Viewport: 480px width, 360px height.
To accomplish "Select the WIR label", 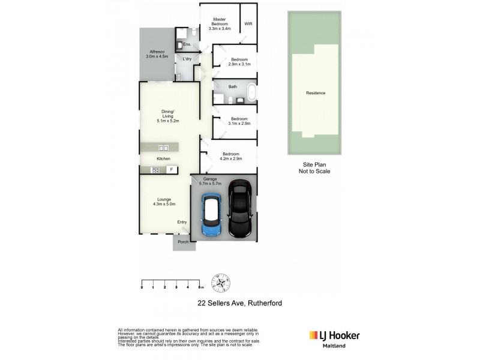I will [x=248, y=25].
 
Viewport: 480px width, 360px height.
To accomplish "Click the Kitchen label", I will [x=163, y=158].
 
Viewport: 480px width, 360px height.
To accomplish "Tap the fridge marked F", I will [x=172, y=170].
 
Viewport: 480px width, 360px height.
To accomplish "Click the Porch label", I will [x=183, y=242].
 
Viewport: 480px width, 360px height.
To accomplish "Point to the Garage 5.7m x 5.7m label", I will [x=212, y=182].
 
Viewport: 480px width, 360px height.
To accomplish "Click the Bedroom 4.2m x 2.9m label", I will [x=231, y=156].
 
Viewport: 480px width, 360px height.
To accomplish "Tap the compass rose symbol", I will [x=222, y=282].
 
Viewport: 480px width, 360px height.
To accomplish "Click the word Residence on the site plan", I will [x=316, y=93].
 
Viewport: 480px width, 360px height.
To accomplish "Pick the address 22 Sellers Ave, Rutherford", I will [x=240, y=304].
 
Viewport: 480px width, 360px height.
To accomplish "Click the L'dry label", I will [x=187, y=58].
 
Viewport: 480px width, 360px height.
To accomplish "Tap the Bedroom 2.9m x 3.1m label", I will [x=240, y=62].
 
